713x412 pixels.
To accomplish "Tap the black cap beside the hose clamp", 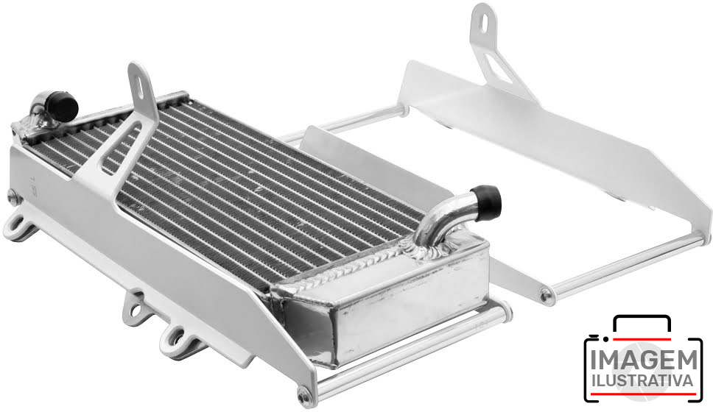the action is [x=62, y=106].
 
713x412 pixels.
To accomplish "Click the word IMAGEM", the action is [x=644, y=360].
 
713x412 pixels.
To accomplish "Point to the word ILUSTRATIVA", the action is [x=644, y=380].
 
